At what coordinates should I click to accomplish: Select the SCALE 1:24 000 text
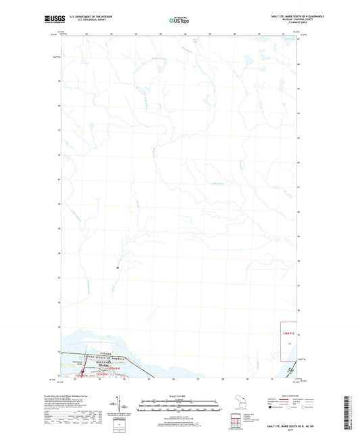click(x=180, y=396)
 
